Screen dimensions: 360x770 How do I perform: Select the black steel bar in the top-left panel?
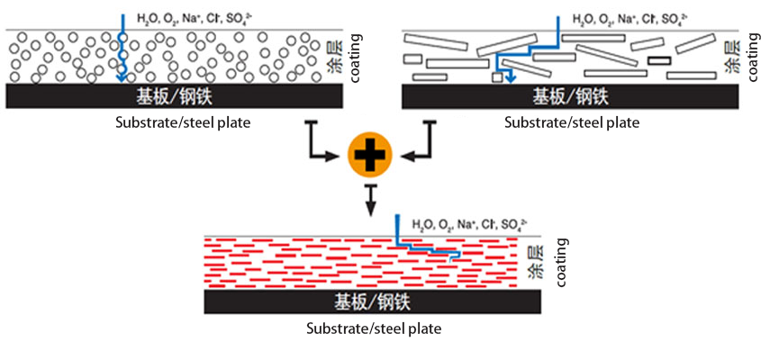pyautogui.click(x=175, y=96)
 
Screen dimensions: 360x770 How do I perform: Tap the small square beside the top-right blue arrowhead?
pyautogui.click(x=496, y=78)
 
